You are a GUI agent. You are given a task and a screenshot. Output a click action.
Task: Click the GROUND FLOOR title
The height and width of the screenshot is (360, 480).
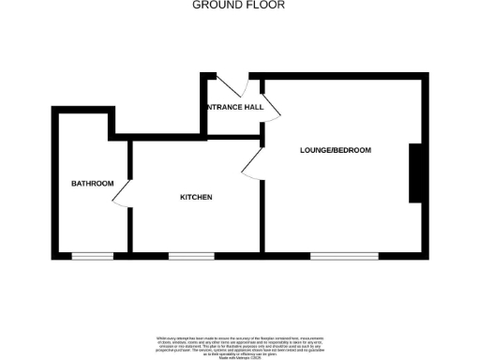coord(239,5)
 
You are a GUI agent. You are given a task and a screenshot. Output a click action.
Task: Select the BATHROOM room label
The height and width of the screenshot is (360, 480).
coord(93,183)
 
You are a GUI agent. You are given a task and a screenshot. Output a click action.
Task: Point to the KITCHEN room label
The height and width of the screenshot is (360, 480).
coord(196,197)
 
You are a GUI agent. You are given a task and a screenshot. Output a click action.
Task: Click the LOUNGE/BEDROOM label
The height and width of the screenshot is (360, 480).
coord(336,150)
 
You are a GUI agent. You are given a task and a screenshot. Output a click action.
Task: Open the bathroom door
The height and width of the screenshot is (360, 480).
coord(121,192)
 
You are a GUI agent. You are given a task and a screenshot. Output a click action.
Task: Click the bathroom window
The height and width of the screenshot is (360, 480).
coord(93,256)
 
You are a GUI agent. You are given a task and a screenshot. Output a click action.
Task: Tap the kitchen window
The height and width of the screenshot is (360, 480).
coord(191,256)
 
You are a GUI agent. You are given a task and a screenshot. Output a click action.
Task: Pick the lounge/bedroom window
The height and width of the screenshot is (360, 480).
coord(344,256)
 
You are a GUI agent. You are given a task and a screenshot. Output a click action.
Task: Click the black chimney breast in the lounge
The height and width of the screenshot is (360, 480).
coord(414,172)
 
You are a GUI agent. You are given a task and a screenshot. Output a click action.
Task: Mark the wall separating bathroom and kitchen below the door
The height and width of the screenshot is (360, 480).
coord(127,230)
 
